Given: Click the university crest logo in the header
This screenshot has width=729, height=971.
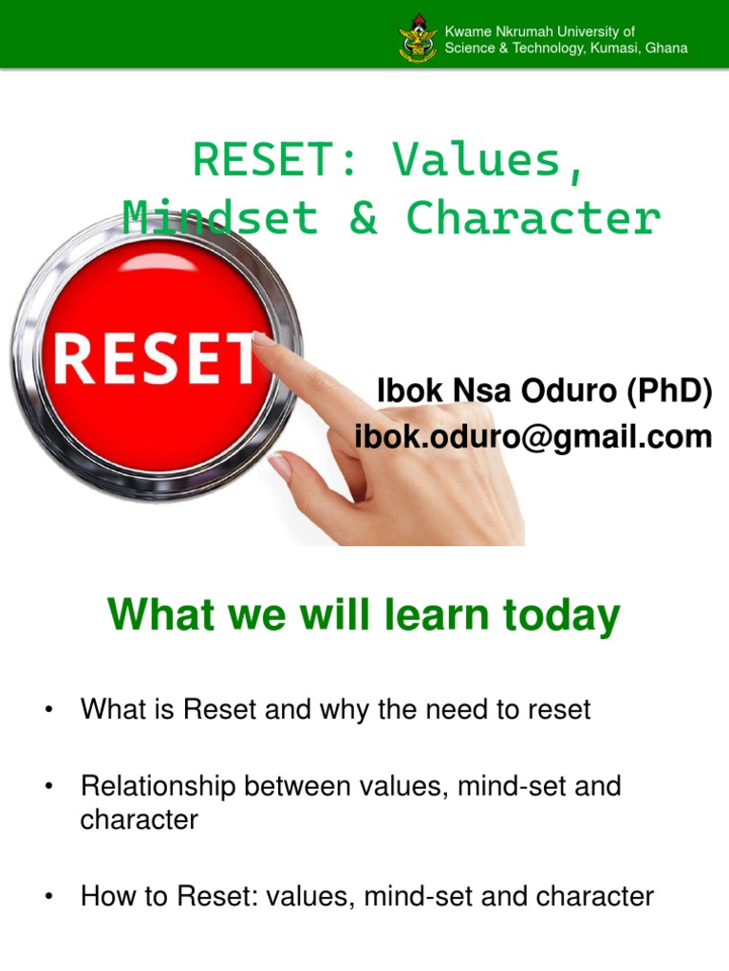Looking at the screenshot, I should point(418,39).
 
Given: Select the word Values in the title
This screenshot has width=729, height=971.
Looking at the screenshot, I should point(485,161).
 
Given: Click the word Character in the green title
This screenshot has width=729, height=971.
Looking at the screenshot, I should point(533,218).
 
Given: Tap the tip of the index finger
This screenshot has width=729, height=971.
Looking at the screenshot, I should point(259,339).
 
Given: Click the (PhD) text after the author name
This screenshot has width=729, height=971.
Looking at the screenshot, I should point(668,391).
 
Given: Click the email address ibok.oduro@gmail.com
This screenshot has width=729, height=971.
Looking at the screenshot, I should point(533,436).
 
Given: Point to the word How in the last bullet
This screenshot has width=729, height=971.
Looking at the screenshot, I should point(103,896).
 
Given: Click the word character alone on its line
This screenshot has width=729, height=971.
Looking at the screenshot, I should point(139,819).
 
